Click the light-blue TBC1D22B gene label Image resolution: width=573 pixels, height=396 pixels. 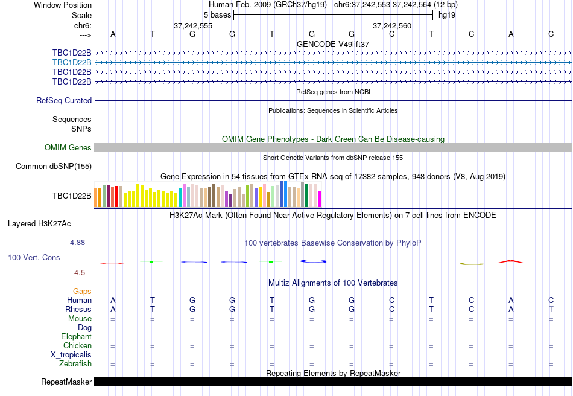click(72, 62)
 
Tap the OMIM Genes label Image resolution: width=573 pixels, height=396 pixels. click(68, 148)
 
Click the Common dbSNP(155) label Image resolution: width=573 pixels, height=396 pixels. click(54, 167)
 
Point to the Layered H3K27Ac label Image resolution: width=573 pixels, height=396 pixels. click(39, 223)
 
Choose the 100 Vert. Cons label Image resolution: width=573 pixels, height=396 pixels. click(34, 258)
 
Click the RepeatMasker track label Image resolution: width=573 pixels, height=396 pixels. click(66, 382)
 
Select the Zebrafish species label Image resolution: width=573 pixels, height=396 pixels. click(75, 364)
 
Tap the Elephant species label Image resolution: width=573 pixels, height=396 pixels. click(76, 337)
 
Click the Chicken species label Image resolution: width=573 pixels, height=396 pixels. click(77, 346)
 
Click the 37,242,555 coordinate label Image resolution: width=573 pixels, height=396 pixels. click(193, 26)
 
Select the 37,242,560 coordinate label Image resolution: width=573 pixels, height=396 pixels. click(392, 26)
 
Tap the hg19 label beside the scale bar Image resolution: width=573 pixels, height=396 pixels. click(447, 14)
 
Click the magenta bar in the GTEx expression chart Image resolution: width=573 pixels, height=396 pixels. click(320, 199)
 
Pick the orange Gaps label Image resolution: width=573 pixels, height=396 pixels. click(82, 292)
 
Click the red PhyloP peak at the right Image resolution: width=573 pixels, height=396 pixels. click(511, 261)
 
